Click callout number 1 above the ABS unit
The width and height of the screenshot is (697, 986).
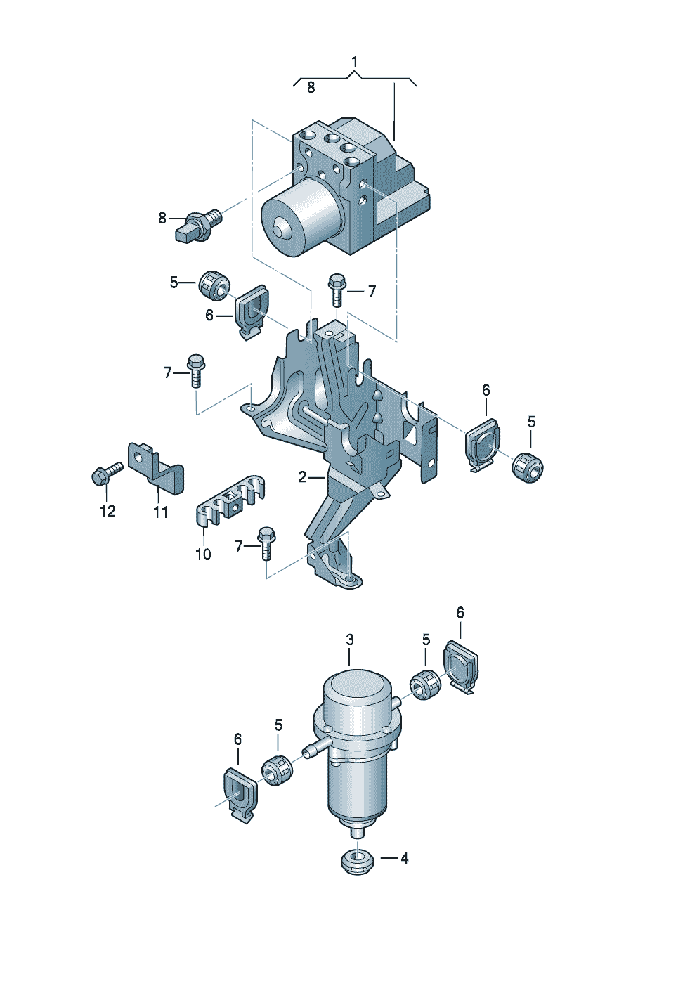tap(355, 62)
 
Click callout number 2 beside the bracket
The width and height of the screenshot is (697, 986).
tap(302, 476)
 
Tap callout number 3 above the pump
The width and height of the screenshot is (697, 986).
tap(349, 640)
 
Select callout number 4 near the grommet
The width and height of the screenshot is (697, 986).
tap(404, 857)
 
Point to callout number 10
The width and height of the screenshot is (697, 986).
tap(203, 554)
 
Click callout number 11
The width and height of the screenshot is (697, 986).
tap(161, 512)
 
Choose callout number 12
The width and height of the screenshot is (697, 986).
tap(108, 511)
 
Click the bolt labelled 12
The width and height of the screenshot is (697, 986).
tap(107, 473)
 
